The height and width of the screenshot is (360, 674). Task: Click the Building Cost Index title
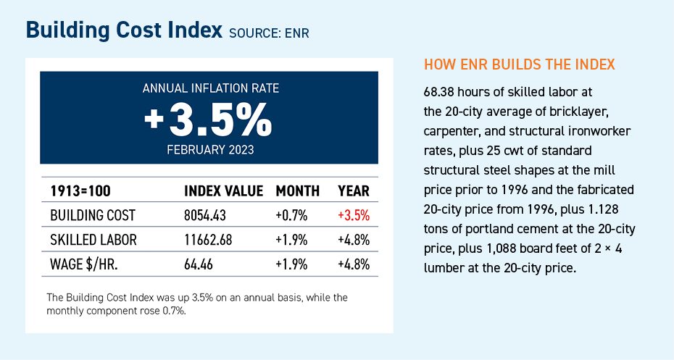pos(124,30)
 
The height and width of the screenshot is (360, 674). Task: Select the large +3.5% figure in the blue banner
pos(209,120)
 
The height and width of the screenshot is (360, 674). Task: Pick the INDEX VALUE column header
pos(223,192)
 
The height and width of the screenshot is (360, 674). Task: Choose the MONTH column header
pos(297,192)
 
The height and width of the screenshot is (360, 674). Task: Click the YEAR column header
pos(354,192)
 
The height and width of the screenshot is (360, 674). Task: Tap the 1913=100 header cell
pos(80,192)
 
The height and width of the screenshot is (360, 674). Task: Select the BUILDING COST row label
pos(93,216)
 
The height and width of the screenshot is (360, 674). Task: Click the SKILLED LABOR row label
pos(93,240)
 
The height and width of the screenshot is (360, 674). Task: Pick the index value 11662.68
pos(212,240)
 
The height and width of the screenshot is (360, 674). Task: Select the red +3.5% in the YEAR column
pos(354,216)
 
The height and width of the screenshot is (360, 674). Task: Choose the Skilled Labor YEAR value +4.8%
pos(354,240)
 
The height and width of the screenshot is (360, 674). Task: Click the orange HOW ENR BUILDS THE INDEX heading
pos(519,65)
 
